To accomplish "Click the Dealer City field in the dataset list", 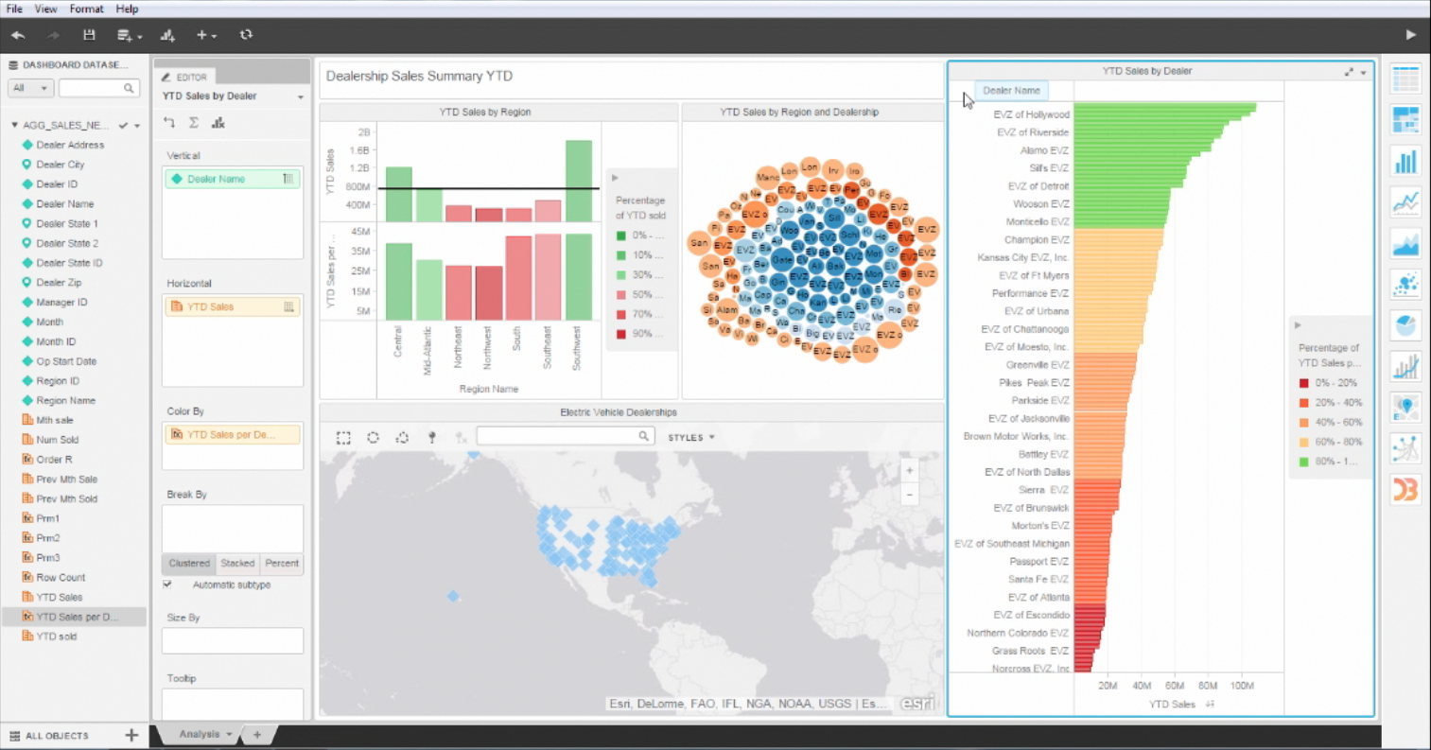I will pos(60,165).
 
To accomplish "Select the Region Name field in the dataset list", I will pos(65,400).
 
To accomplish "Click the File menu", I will pos(14,9).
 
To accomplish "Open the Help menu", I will pos(127,9).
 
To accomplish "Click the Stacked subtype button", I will pos(237,563).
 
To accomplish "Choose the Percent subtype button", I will pos(282,563).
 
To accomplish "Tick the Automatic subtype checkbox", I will pos(167,584).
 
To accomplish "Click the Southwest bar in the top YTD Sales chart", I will pos(579,181).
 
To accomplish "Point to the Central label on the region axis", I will pos(397,342).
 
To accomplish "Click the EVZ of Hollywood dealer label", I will pos(1031,114).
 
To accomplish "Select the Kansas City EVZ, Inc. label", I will pos(1022,257).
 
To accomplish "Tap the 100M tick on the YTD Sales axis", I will pos(1242,686).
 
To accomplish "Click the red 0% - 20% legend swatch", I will pos(1303,383).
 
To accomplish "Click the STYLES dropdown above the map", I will pos(691,437).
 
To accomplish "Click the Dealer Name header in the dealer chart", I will pos(1011,91).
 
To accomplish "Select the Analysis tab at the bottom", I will pos(200,734).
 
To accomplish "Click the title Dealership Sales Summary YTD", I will pos(419,77).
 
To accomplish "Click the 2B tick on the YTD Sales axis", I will pos(364,132).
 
